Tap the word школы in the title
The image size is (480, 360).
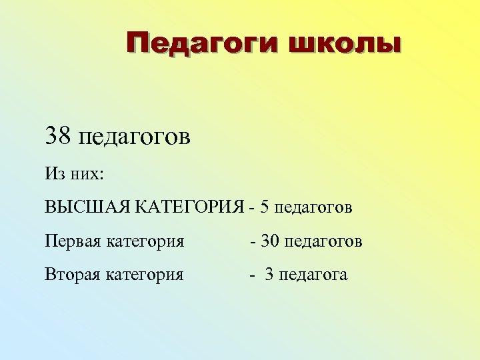(345, 45)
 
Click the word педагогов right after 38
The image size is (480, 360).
(135, 138)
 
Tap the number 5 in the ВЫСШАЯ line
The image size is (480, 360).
(265, 207)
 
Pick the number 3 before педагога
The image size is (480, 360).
(269, 274)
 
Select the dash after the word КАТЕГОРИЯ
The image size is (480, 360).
(251, 207)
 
